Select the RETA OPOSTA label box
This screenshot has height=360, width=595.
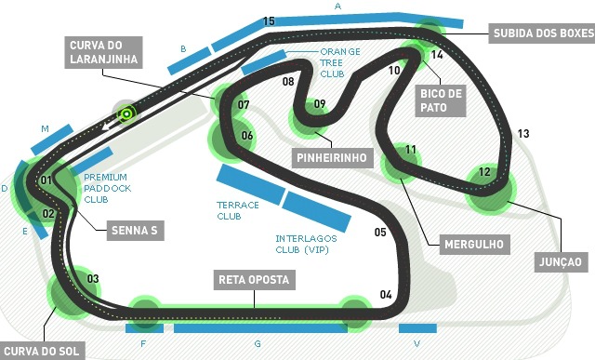point(254,279)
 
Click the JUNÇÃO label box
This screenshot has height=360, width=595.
point(559,262)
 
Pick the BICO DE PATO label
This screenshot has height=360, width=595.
point(441,100)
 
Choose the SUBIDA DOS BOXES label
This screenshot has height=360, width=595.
point(540,33)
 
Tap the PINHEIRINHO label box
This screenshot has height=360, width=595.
point(330,156)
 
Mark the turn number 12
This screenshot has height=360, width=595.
point(483,172)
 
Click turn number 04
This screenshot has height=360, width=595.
point(386,295)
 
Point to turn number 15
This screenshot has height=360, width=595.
point(269,20)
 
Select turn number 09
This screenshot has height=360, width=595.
point(319,103)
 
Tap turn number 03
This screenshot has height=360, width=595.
point(92,279)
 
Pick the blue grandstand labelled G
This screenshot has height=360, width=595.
point(259,328)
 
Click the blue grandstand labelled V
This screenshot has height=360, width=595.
point(417,328)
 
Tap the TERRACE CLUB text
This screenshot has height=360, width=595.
point(236,209)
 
